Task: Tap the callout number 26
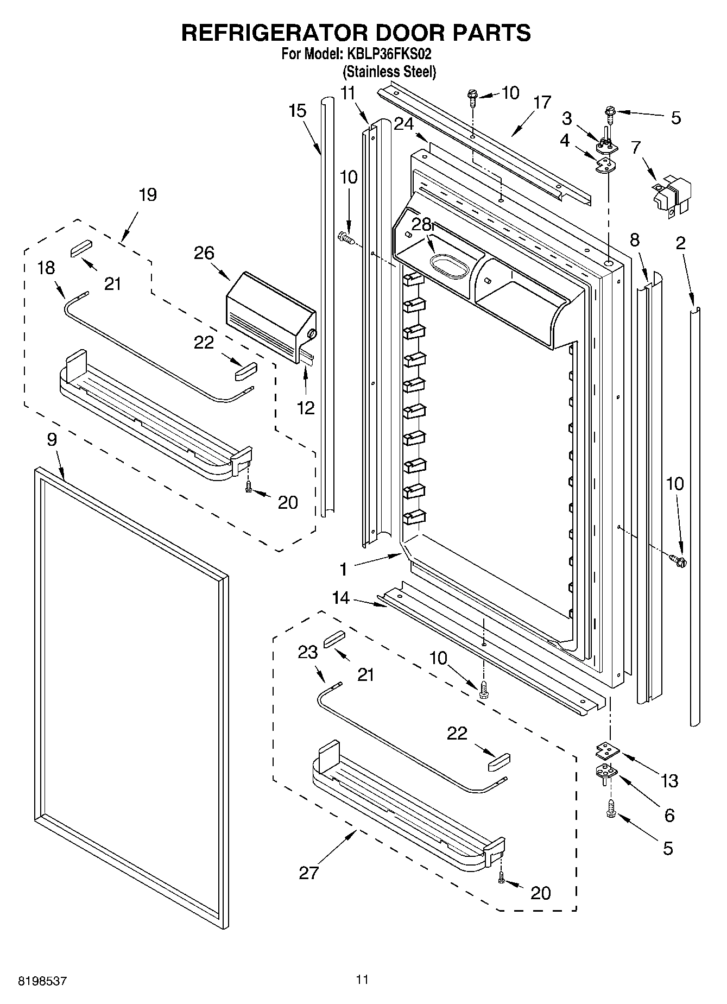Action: click(205, 253)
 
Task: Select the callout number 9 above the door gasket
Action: click(52, 439)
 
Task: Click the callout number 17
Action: click(542, 103)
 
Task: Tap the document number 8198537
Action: click(43, 981)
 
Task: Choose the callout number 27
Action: click(309, 873)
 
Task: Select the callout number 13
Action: click(669, 781)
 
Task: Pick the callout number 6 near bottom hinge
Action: click(669, 814)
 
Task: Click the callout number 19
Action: click(147, 194)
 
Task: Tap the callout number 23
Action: click(307, 652)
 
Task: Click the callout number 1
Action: click(343, 569)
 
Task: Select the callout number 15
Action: click(298, 111)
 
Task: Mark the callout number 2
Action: click(680, 243)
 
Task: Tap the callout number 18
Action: click(47, 268)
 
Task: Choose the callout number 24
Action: click(403, 124)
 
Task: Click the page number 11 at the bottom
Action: click(362, 980)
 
